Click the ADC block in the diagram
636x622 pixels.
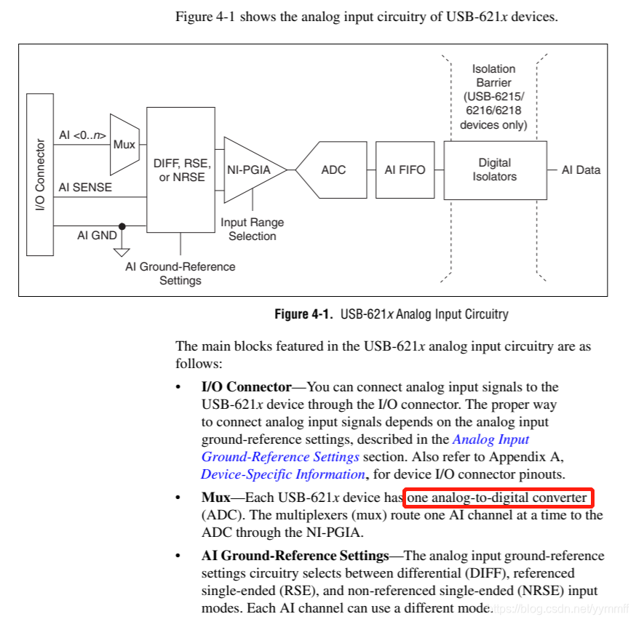tap(333, 170)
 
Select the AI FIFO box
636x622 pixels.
tap(405, 170)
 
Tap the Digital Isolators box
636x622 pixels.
tap(495, 170)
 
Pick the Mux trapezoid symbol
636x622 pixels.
tap(124, 144)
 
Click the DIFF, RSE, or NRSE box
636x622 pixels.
tap(180, 170)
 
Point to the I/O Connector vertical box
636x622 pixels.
tap(40, 175)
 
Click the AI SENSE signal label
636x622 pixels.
tap(85, 187)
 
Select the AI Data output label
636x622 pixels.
tap(581, 170)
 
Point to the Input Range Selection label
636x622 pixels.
tap(253, 229)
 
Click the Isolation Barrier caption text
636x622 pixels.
tap(493, 97)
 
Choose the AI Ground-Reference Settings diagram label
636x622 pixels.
tap(180, 274)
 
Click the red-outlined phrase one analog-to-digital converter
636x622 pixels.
tap(498, 498)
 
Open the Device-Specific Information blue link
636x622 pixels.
tap(283, 474)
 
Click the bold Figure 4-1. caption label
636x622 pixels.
tap(301, 314)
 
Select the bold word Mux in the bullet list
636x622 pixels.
tap(215, 498)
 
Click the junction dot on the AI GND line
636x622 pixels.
tap(122, 226)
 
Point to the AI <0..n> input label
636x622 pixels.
tap(82, 135)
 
